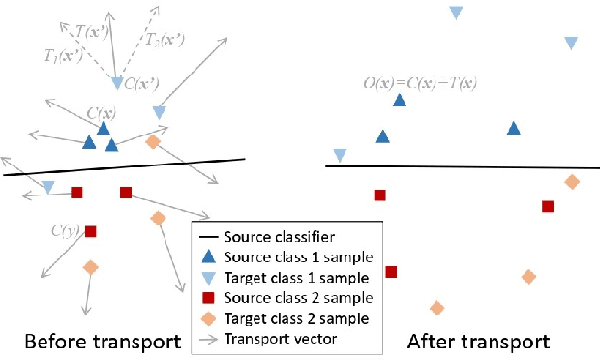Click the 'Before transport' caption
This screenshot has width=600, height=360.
tap(103, 342)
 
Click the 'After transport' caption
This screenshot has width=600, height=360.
tap(478, 342)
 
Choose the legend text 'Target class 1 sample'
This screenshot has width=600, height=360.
tap(295, 277)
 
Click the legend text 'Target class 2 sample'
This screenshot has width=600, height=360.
tap(295, 317)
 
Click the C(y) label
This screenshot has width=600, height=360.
tap(65, 230)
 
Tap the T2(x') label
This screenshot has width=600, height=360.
tap(166, 39)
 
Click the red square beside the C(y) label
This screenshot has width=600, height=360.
tap(90, 231)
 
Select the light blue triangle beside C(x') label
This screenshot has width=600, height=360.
tap(117, 83)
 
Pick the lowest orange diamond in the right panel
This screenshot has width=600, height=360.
tap(436, 309)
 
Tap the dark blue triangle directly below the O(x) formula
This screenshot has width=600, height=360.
tap(400, 101)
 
